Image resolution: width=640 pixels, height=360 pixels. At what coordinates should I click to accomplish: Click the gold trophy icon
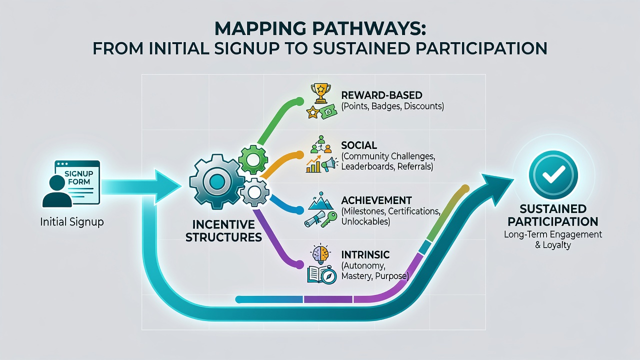pos(320,93)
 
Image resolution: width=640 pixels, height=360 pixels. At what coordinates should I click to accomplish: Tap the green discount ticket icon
pos(328,112)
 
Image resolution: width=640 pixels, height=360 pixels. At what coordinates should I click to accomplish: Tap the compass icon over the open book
pos(329,275)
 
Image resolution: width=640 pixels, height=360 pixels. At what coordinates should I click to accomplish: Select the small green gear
pos(253,159)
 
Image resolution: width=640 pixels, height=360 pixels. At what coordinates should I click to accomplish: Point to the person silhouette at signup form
pos(57,191)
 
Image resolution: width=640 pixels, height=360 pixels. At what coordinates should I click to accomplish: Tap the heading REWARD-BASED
pos(381,95)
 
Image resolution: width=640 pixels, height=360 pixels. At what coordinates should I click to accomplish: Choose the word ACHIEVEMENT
pos(376,200)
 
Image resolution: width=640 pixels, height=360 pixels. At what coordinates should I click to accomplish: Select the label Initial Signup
pos(71,222)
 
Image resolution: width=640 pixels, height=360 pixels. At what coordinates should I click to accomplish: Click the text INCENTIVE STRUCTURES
pos(223,231)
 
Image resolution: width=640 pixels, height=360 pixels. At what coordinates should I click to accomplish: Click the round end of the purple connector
pos(299,264)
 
